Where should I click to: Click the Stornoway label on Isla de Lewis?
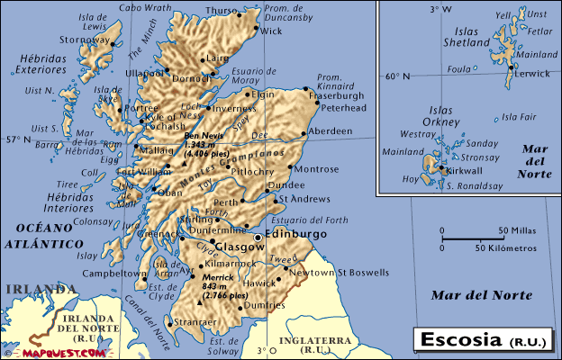(85, 40)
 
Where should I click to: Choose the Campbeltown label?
(114, 273)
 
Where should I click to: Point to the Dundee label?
(287, 185)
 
